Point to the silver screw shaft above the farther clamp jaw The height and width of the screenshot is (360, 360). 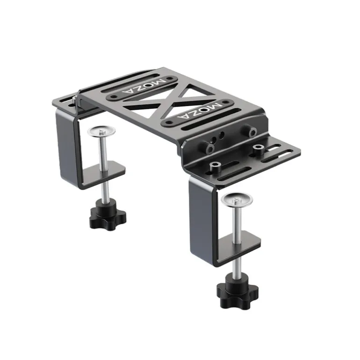pos(103,150)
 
